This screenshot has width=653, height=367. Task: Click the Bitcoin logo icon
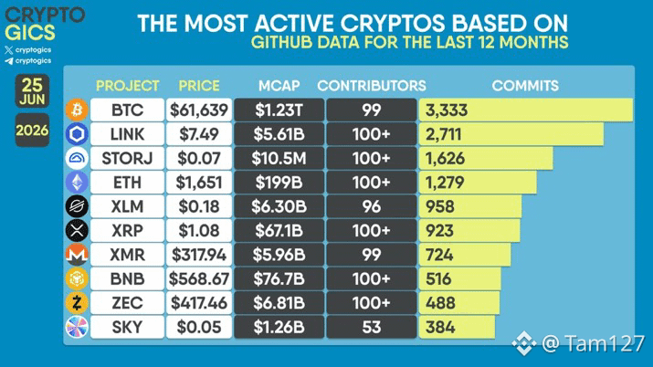tap(77, 110)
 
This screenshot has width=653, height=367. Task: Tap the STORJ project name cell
tap(127, 158)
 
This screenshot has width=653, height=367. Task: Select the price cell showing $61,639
tap(199, 110)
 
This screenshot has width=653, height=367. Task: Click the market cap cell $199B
tap(279, 183)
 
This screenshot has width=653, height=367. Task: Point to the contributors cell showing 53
tap(372, 327)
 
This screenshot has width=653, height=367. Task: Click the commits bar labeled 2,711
tap(511, 134)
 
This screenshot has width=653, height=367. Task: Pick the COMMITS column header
tap(525, 86)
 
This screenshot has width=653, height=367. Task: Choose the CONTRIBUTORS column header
tap(372, 86)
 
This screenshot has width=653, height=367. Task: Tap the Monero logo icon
tap(77, 255)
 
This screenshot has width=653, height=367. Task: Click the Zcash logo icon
tap(77, 303)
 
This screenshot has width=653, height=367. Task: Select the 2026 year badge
tap(32, 131)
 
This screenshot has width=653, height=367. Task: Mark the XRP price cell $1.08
tap(199, 231)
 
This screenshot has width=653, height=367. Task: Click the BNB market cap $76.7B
tap(279, 278)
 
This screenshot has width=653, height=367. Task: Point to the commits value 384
tap(440, 328)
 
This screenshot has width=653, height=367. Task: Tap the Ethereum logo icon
tap(77, 183)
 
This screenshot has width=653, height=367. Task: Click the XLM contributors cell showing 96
tap(372, 206)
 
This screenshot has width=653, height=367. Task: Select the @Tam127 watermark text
tap(593, 343)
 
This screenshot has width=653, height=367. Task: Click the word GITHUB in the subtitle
tap(281, 42)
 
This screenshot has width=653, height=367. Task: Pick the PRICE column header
tap(199, 86)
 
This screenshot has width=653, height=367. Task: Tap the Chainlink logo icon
tap(77, 134)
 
